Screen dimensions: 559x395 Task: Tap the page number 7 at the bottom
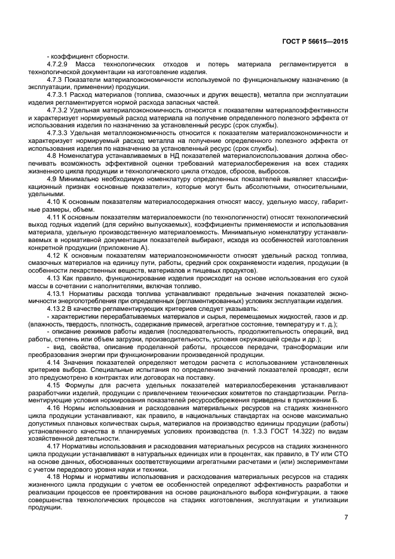pos(346,518)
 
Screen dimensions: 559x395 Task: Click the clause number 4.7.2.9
pos(57,64)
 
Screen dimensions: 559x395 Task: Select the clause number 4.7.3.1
pos(57,94)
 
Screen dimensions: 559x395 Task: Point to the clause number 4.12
pos(54,255)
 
